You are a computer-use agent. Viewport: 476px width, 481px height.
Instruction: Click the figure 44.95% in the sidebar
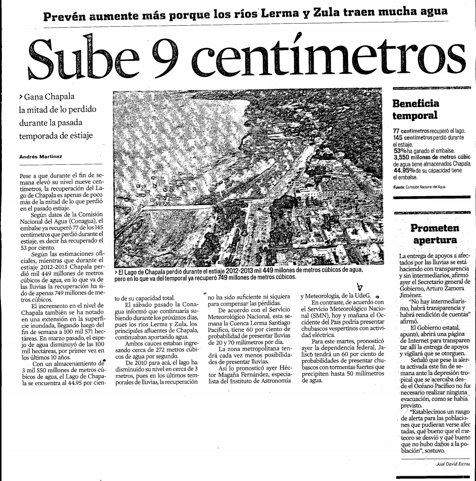pos(404,170)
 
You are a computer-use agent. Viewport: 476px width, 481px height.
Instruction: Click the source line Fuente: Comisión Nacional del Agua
pos(419,187)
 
